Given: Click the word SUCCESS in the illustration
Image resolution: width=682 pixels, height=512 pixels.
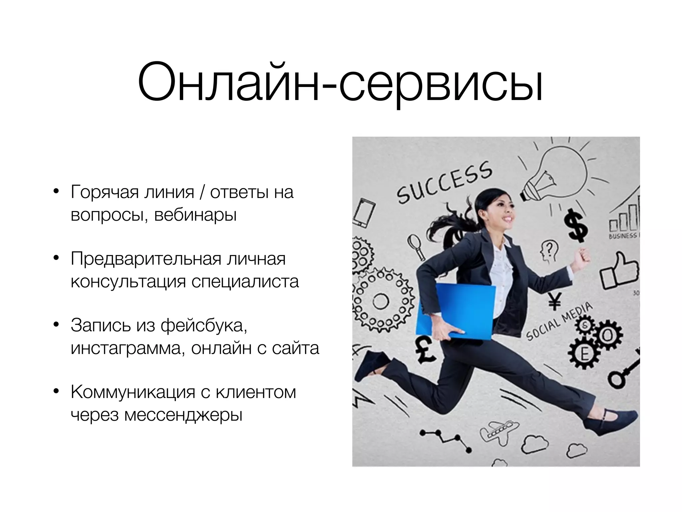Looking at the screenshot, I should click(x=445, y=182).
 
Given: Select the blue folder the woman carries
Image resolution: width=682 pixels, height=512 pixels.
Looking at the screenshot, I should click(x=455, y=312).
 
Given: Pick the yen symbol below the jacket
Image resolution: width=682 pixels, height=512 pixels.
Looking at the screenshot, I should click(x=554, y=301).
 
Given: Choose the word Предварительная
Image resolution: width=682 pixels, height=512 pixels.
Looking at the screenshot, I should click(x=146, y=259).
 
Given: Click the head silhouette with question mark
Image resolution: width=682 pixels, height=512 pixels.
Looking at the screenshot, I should click(x=548, y=251).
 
